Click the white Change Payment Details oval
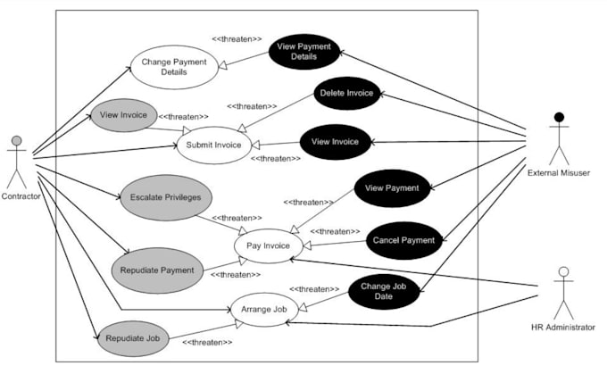[174, 67]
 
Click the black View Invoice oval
[335, 141]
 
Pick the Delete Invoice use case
[346, 93]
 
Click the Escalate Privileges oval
[165, 196]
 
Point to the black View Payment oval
[393, 188]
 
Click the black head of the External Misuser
[559, 118]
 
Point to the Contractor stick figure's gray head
[16, 141]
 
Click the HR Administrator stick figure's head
[562, 272]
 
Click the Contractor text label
[21, 196]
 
